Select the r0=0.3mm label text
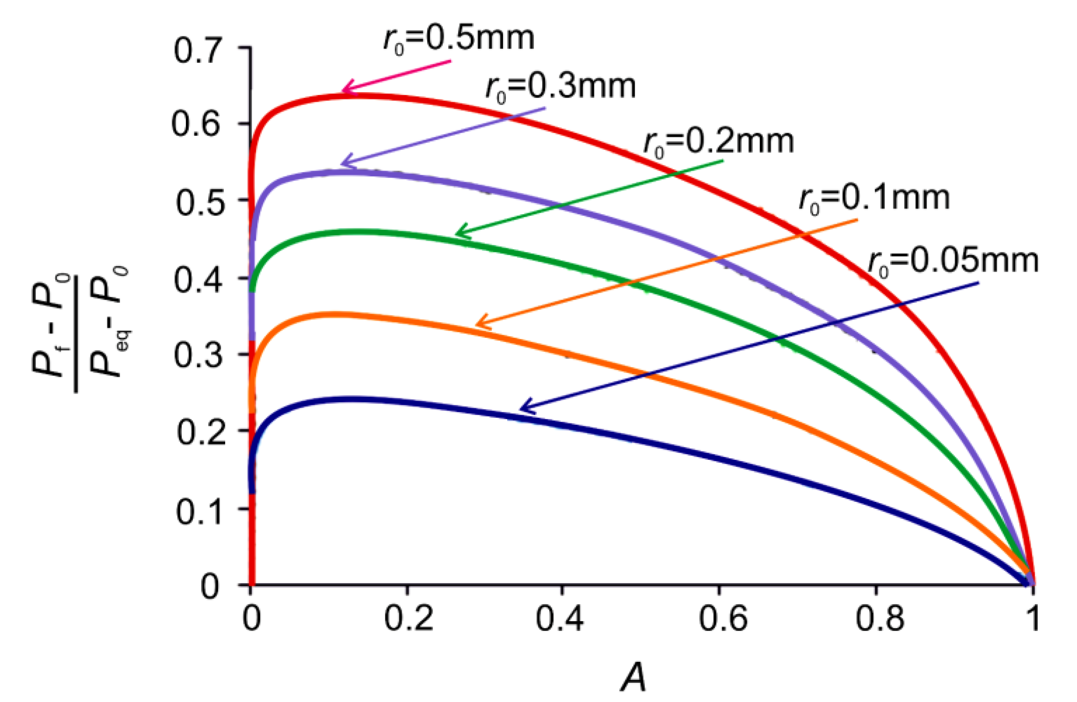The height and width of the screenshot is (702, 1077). [x=560, y=87]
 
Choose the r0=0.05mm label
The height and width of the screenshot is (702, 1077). [x=953, y=262]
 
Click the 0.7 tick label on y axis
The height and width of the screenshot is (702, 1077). [x=196, y=51]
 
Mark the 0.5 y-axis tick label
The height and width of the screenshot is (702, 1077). [x=199, y=203]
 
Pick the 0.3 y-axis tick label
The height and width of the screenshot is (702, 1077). [x=198, y=356]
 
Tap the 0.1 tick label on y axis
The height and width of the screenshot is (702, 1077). [x=199, y=512]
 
